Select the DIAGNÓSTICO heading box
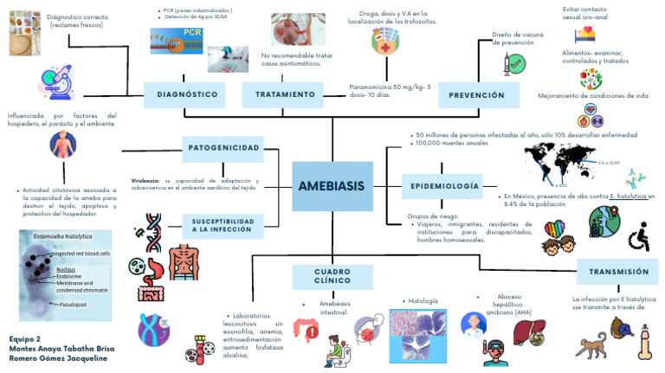(x=186, y=93)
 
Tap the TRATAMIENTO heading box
(x=285, y=93)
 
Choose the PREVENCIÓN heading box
(x=477, y=94)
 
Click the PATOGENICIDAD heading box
(x=223, y=149)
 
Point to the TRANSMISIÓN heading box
(x=618, y=271)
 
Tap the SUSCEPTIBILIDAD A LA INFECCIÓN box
(x=223, y=226)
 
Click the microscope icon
(x=42, y=84)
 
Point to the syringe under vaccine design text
(x=508, y=62)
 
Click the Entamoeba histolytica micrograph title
(x=63, y=235)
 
